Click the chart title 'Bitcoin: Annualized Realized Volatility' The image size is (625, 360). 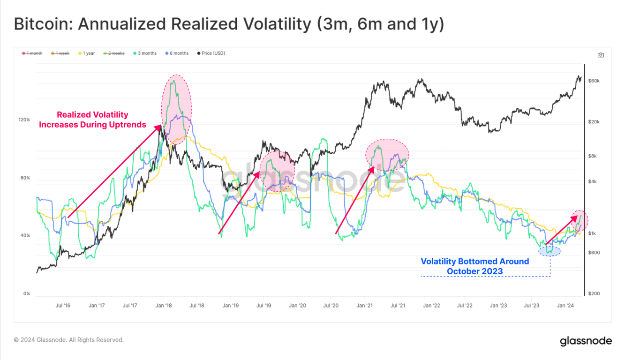click(x=229, y=24)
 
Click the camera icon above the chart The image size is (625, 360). click(x=601, y=55)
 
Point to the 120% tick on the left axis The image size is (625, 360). click(x=24, y=120)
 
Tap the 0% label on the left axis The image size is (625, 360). click(x=26, y=294)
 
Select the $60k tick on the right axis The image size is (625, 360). click(x=594, y=81)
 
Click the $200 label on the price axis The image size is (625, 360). click(x=594, y=294)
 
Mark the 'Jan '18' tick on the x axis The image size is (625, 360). click(x=164, y=305)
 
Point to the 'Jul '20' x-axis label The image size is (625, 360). click(x=331, y=305)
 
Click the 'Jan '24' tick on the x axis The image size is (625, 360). click(x=565, y=305)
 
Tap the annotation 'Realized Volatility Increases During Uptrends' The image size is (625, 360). click(x=92, y=120)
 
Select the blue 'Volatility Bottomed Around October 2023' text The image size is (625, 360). click(x=474, y=266)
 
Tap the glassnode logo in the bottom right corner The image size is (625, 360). click(x=586, y=341)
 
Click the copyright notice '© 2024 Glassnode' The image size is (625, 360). click(x=69, y=340)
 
